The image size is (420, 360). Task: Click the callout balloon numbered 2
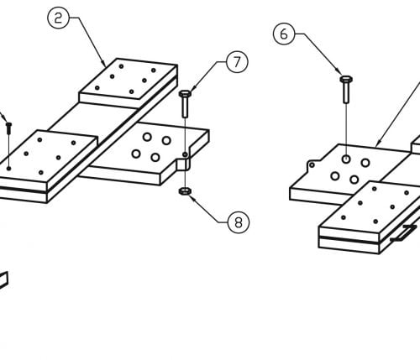pos(58,18)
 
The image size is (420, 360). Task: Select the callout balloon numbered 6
pos(284,34)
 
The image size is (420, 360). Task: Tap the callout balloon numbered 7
pos(237,62)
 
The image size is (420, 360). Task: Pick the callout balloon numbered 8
pos(239,222)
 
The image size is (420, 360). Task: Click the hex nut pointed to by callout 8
pos(185,191)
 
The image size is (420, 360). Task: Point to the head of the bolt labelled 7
pos(185,94)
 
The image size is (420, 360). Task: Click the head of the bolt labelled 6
pos(346,79)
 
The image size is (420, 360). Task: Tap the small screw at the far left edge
pos(8,128)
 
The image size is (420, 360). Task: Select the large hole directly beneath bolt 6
pos(346,159)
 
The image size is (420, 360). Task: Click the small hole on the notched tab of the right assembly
pos(312,165)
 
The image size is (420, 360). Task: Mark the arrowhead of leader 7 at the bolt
pos(193,88)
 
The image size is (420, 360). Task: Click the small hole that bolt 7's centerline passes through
pos(185,154)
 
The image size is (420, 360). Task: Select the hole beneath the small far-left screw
pos(9,168)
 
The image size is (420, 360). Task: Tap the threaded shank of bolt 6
pos(346,92)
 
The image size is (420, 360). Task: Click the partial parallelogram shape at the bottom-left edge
pos(3,279)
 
